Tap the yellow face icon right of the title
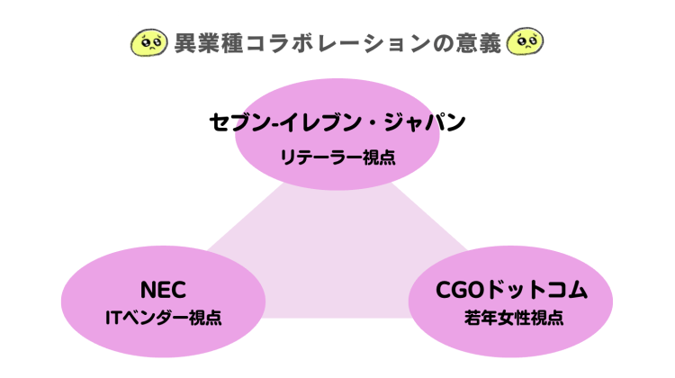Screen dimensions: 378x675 pos(526,42)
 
